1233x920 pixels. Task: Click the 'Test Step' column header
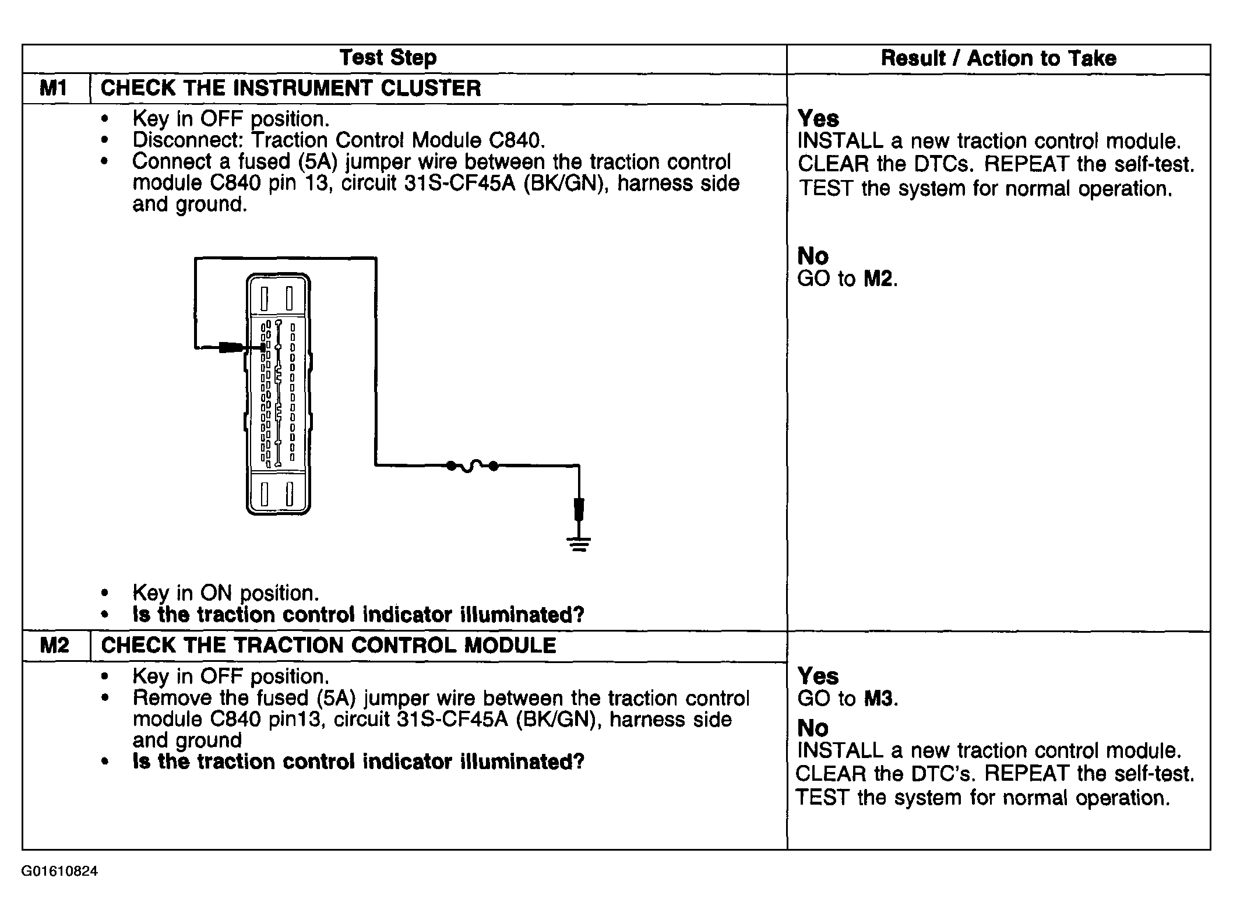(x=387, y=58)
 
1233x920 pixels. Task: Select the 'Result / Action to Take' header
(x=998, y=58)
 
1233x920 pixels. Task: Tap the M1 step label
(x=54, y=89)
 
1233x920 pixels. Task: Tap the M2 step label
(x=54, y=646)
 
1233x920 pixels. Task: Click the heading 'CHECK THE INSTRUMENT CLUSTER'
(x=291, y=89)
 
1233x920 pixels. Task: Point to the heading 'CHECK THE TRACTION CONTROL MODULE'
(x=329, y=646)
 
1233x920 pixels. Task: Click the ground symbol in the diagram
(x=579, y=544)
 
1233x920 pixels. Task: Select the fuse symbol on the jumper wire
(x=472, y=466)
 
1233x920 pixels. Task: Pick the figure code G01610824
(x=59, y=872)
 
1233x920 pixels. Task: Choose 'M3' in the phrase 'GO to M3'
(x=878, y=699)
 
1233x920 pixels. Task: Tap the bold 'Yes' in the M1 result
(x=818, y=118)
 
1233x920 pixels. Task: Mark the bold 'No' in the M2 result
(x=812, y=728)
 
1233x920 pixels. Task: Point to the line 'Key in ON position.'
(x=226, y=593)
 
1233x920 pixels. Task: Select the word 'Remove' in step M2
(x=172, y=698)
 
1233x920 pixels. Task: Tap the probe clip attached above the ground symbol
(x=579, y=509)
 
